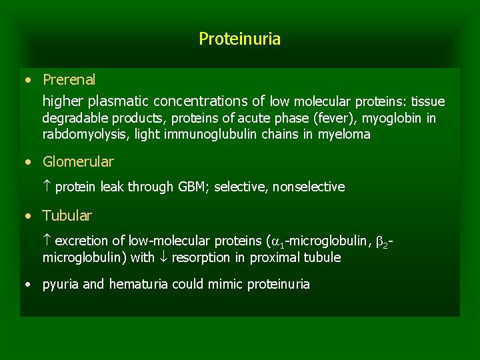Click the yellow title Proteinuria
[239, 39]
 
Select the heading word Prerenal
[69, 80]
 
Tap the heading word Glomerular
[78, 162]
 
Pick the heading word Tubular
[67, 216]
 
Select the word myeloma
[343, 135]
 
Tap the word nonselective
[309, 187]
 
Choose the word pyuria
[61, 285]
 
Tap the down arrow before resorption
[163, 257]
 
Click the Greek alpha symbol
[277, 241]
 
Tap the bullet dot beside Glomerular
[27, 162]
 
